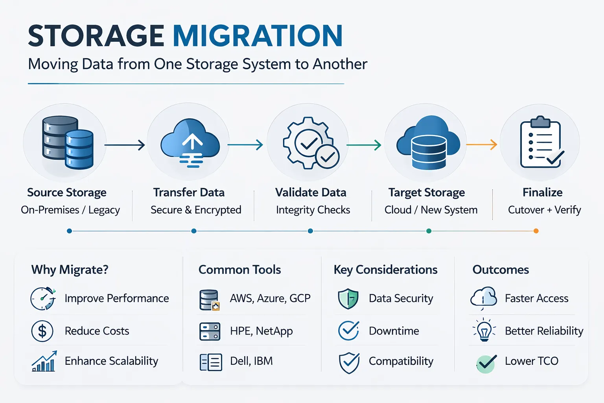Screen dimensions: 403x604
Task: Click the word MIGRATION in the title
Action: tap(258, 36)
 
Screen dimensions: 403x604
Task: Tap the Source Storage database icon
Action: tap(67, 142)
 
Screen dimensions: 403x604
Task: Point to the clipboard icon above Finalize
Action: tap(541, 142)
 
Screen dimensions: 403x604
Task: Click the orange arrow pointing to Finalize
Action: tap(482, 144)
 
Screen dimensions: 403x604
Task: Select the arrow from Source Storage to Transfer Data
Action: tap(125, 145)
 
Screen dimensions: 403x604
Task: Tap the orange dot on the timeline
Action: tap(536, 231)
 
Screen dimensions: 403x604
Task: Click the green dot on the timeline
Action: tap(429, 231)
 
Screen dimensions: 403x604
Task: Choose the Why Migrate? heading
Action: tap(70, 270)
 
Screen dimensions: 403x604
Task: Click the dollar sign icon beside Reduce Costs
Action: tap(42, 331)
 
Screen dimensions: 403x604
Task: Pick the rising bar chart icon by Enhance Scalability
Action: tap(44, 361)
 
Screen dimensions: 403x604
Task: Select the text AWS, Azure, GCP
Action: tap(270, 298)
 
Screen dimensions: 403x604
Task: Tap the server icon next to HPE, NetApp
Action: tap(210, 331)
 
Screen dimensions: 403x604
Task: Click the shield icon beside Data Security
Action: tap(348, 299)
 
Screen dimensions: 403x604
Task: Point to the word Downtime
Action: tap(394, 331)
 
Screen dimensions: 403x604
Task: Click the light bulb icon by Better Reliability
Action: tap(484, 330)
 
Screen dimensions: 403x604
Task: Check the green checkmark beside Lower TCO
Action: tap(486, 362)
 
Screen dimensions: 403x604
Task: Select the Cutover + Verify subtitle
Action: tap(544, 210)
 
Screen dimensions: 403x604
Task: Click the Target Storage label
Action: tap(427, 192)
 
